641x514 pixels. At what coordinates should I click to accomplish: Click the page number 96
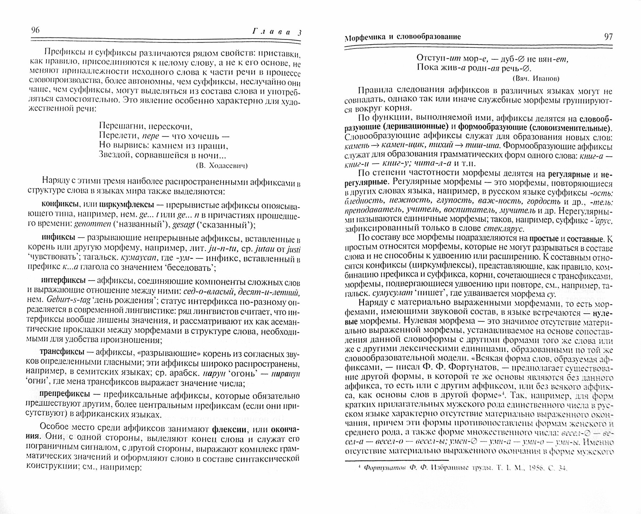pos(35,30)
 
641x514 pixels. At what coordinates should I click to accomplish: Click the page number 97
pos(608,37)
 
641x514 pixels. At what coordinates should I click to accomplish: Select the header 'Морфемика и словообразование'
pos(403,37)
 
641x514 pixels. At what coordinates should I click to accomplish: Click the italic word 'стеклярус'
pos(508,229)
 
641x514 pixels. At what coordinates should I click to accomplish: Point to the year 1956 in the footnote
pos(532,468)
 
